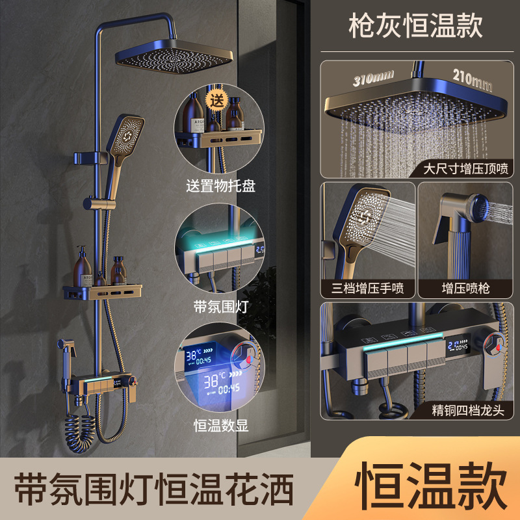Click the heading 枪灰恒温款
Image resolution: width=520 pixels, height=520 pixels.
click(415, 25)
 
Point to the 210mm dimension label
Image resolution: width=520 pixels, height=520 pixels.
click(473, 80)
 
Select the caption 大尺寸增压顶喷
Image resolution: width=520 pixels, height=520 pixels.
click(465, 168)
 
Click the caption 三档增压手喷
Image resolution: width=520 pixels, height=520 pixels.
click(367, 288)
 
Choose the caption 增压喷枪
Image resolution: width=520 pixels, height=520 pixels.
click(465, 288)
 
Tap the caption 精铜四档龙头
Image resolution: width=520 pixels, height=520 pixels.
click(468, 410)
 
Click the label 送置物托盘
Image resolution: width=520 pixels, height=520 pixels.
click(220, 186)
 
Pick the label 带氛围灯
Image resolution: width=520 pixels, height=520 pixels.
click(221, 307)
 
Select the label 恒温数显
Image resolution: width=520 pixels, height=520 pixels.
click(221, 426)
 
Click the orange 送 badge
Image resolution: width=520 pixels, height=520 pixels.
click(217, 100)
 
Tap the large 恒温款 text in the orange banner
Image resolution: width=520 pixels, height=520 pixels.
click(431, 485)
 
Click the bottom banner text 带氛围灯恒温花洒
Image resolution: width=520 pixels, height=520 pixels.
click(154, 489)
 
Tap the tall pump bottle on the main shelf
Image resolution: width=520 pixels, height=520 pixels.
click(83, 267)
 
